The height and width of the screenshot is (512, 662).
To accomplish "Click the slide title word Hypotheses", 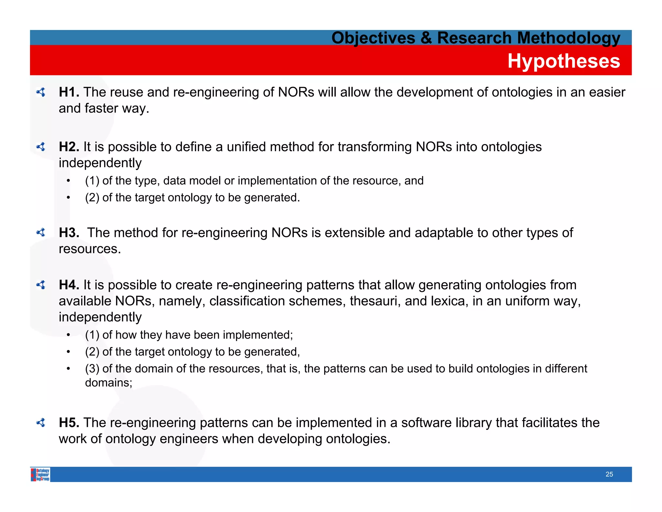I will (x=563, y=61).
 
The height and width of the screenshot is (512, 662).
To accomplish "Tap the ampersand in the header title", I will (x=426, y=38).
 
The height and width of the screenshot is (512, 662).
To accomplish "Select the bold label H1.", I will (x=69, y=92).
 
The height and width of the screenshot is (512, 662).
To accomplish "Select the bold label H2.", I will (x=69, y=147).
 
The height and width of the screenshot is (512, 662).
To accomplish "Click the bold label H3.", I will (x=69, y=233).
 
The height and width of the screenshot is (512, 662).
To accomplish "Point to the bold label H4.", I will (x=69, y=285).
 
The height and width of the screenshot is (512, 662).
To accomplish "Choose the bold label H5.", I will (x=69, y=423).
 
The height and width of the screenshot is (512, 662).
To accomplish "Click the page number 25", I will (x=609, y=474).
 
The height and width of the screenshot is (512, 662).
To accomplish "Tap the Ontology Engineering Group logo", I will (x=40, y=474).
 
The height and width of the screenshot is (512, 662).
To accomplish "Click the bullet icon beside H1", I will (x=41, y=92).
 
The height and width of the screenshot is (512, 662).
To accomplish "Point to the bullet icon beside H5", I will (x=41, y=423).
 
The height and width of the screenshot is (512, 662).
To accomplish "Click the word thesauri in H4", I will (x=375, y=301).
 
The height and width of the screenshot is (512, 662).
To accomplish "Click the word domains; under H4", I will (x=109, y=383).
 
